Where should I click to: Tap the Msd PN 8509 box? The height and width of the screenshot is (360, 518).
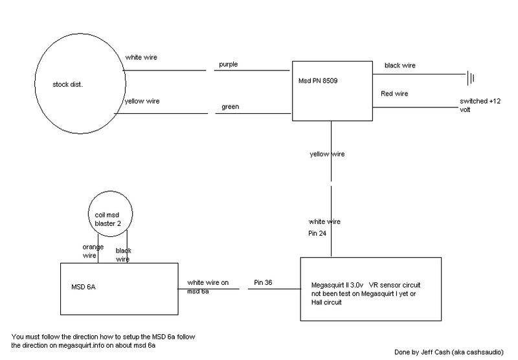[331, 91]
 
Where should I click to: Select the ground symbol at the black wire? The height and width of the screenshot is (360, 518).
[472, 78]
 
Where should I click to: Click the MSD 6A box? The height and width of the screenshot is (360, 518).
[119, 291]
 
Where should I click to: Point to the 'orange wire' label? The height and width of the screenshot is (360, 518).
[91, 250]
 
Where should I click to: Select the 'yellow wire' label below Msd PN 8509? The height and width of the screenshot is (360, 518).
[328, 153]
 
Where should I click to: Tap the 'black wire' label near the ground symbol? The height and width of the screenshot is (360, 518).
[401, 65]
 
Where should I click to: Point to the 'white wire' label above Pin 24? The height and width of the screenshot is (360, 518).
[324, 221]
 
